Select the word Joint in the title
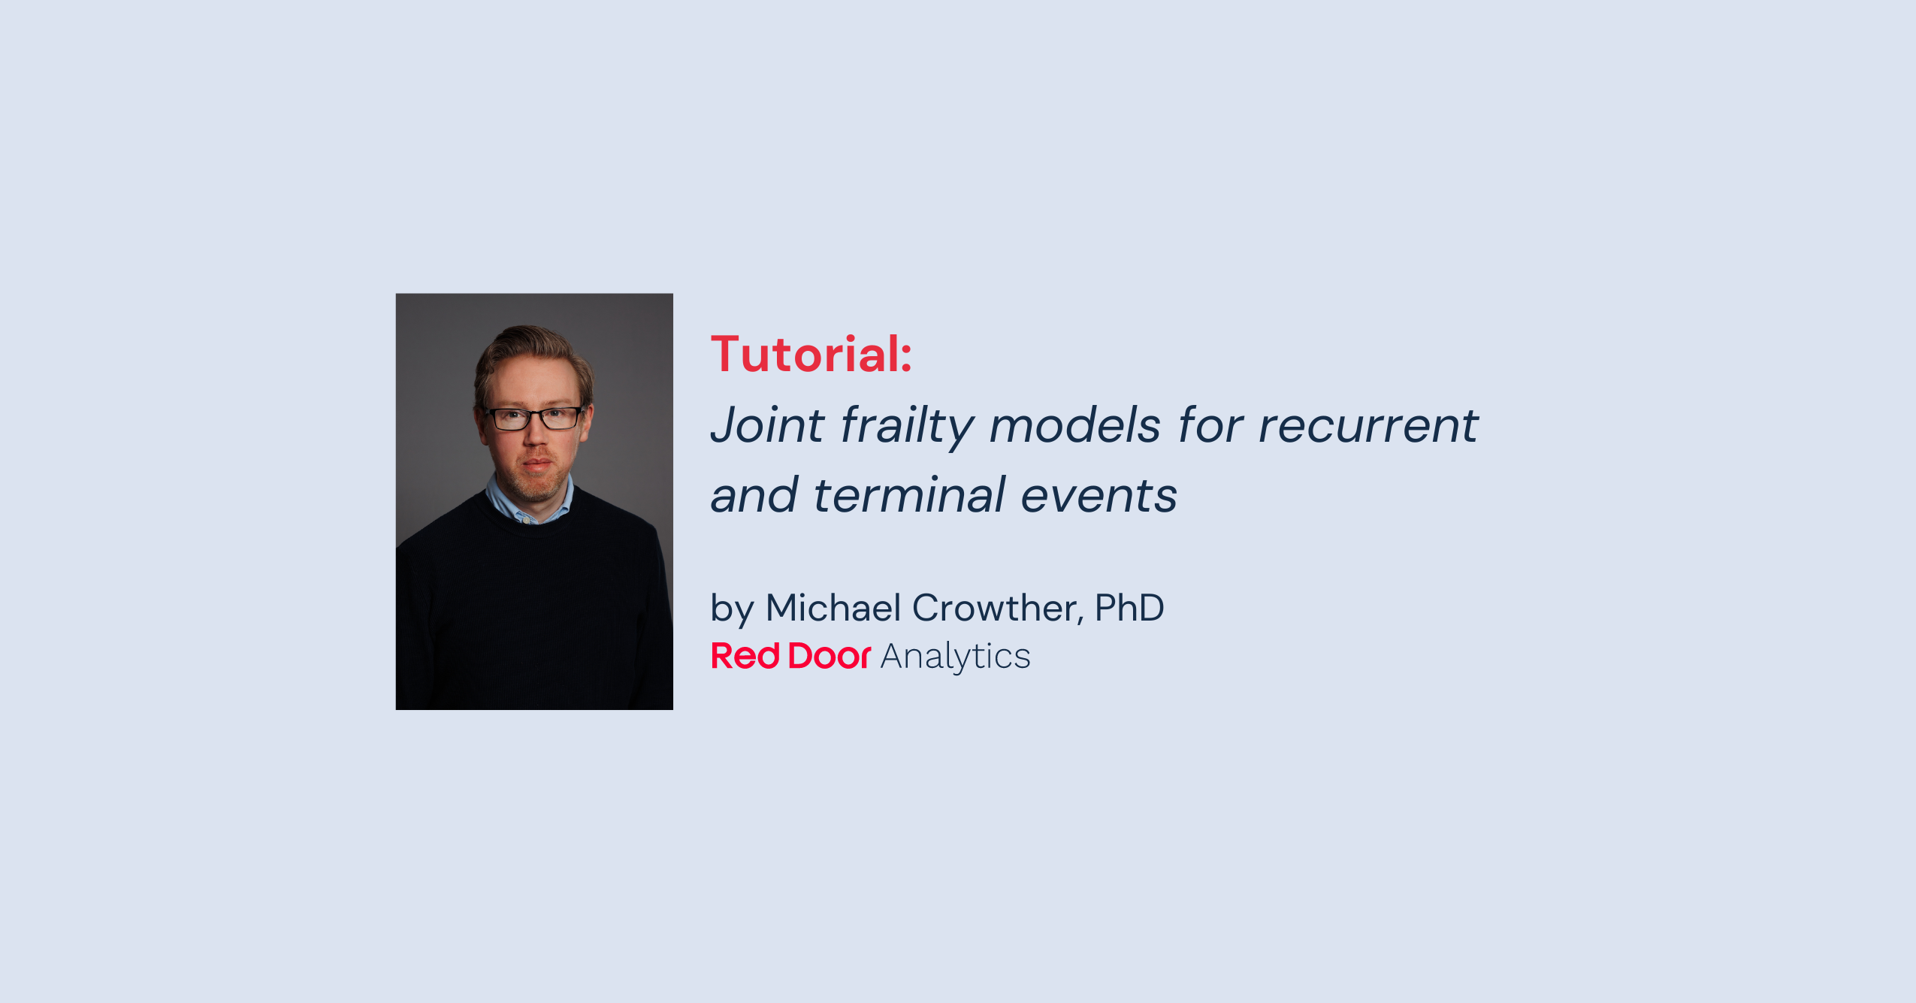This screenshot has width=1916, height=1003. pyautogui.click(x=767, y=425)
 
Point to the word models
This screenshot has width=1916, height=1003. pyautogui.click(x=1074, y=425)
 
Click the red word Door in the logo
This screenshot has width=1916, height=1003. pyautogui.click(x=829, y=656)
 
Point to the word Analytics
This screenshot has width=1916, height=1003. pyautogui.click(x=955, y=657)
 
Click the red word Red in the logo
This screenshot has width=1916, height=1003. pyautogui.click(x=745, y=656)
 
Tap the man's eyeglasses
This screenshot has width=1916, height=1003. pyautogui.click(x=534, y=418)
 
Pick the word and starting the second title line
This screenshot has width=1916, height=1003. pyautogui.click(x=754, y=496)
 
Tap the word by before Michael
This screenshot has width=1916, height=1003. pyautogui.click(x=731, y=609)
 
